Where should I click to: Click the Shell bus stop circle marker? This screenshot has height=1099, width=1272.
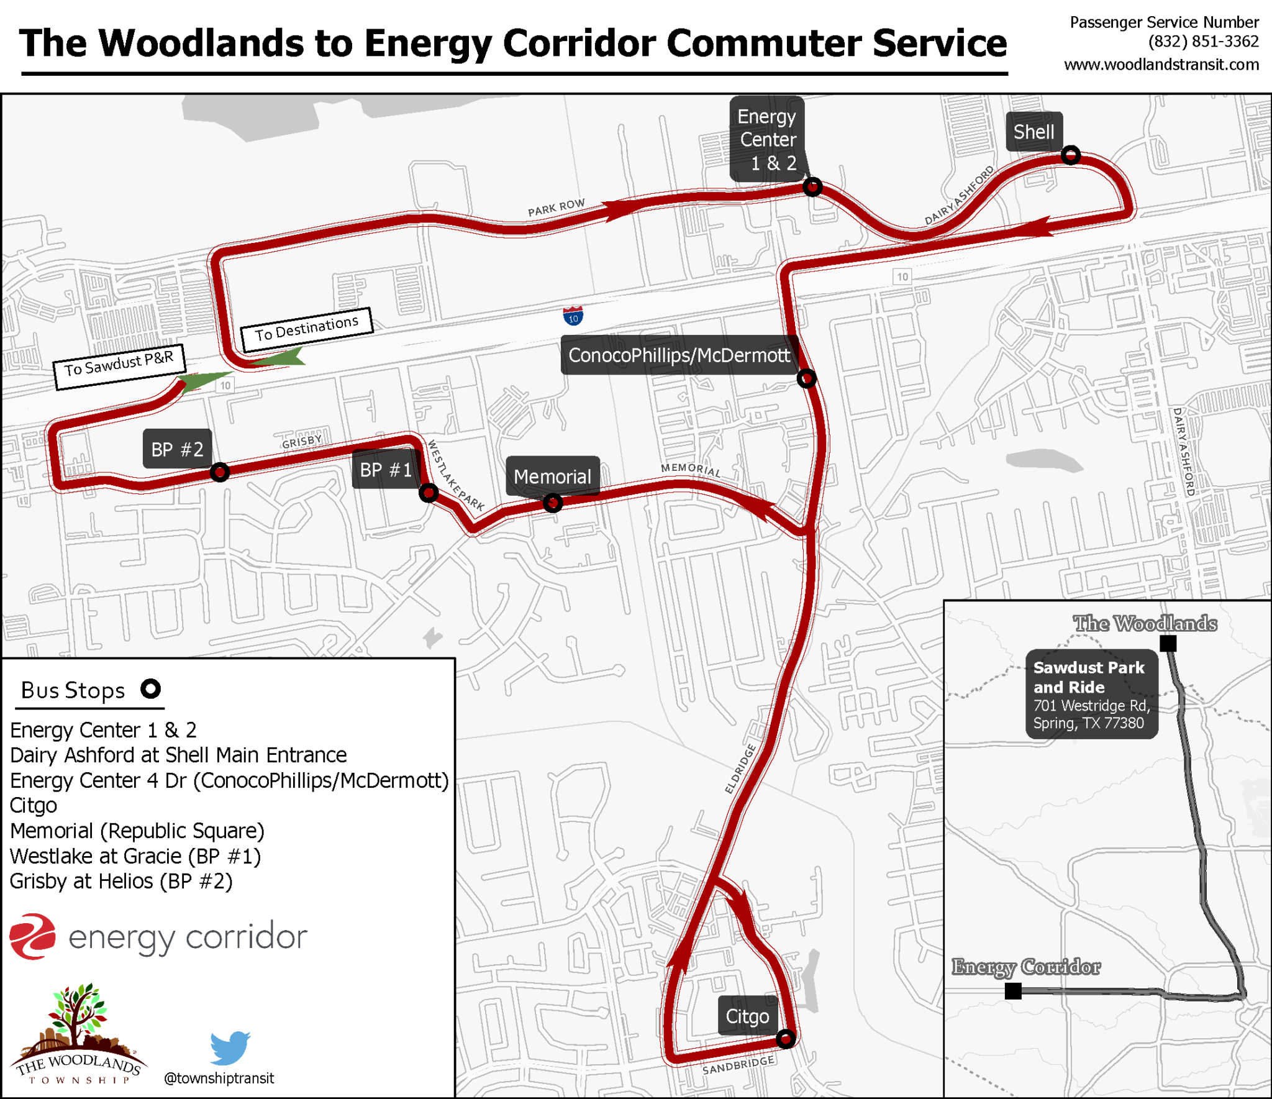click(x=1070, y=155)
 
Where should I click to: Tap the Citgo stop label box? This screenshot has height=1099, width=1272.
click(x=747, y=1016)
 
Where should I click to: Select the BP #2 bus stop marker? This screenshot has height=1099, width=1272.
click(x=219, y=472)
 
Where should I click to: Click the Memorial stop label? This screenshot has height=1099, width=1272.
click(x=552, y=477)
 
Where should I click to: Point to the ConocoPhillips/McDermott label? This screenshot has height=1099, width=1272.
click(x=679, y=355)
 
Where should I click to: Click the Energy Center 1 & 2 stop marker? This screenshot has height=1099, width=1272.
click(x=812, y=186)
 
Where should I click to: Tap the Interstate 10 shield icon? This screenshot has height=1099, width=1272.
click(x=573, y=316)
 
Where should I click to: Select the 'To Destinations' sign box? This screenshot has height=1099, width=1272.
click(x=307, y=329)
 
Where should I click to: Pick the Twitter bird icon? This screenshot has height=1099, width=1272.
click(x=230, y=1047)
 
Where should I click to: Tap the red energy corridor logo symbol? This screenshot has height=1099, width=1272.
click(x=33, y=936)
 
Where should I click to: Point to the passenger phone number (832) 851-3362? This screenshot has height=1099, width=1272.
click(x=1203, y=42)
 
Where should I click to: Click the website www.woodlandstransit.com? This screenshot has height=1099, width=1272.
click(x=1161, y=65)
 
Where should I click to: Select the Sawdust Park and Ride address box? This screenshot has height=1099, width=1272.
click(x=1091, y=695)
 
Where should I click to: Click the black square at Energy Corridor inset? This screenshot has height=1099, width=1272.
click(x=1013, y=991)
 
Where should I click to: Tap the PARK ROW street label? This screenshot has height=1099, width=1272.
click(x=556, y=207)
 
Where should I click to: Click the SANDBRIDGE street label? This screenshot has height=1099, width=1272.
click(x=738, y=1065)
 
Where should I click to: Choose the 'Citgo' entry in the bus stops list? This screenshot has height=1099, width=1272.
click(x=34, y=806)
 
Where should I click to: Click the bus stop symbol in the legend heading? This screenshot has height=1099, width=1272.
click(x=150, y=689)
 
